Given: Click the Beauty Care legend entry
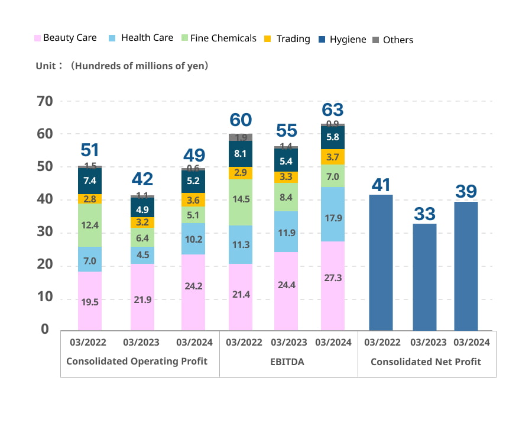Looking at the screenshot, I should coord(65,38).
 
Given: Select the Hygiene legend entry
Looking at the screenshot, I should coord(342,40).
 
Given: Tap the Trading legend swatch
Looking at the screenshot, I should coord(268,39).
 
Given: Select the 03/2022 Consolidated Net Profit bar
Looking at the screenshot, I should coord(381,262).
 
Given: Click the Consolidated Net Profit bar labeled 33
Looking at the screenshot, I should coord(424,277).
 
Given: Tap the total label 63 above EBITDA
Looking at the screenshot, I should coord(333,110).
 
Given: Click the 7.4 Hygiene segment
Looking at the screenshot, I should coord(90,181).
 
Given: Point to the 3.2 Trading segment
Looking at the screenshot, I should coord(142,223).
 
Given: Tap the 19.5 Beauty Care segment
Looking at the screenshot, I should coord(90,301).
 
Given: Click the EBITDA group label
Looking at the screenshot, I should coord(287,362).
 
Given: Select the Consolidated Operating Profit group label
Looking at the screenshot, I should coord(137,362).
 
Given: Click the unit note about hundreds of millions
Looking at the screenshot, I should coord(122,66).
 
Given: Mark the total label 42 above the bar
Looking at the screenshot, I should coord(142,179).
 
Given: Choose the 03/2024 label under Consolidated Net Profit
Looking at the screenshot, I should coord(471,342).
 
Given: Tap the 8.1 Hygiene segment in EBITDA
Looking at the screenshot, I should coord(241,154).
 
